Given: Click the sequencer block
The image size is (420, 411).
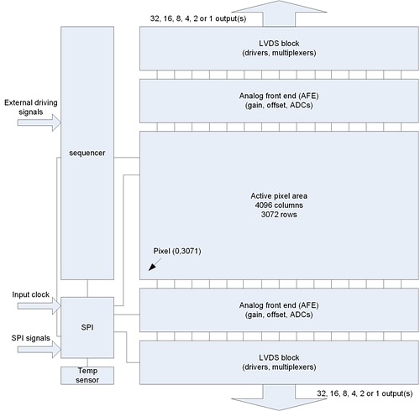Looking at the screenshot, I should [87, 153].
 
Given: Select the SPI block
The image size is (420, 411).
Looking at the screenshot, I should [87, 325].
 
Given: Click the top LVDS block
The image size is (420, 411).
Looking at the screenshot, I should [278, 49].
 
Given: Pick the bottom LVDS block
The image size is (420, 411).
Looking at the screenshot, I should [278, 363].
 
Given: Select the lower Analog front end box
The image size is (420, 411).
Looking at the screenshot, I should [278, 310].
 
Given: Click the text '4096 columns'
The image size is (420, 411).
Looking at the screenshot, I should [278, 204].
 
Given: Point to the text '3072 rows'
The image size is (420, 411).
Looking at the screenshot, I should [278, 214].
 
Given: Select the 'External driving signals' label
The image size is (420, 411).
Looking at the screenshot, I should [29, 108].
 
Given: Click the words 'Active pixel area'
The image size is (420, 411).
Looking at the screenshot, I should [278, 194].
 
